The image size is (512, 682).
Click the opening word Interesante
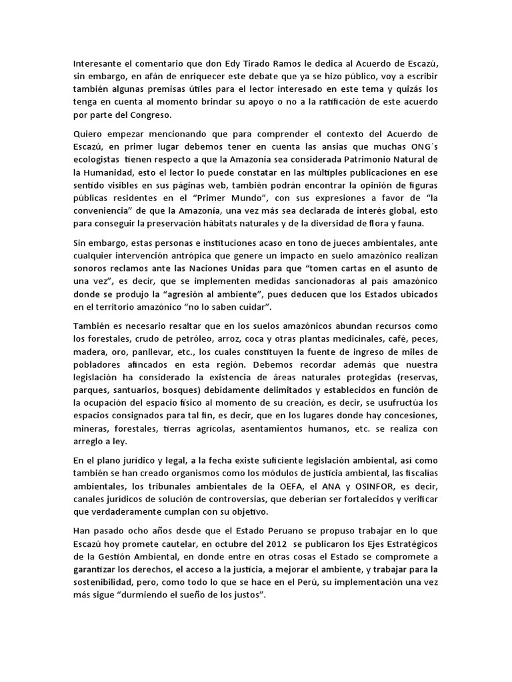[97, 64]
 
